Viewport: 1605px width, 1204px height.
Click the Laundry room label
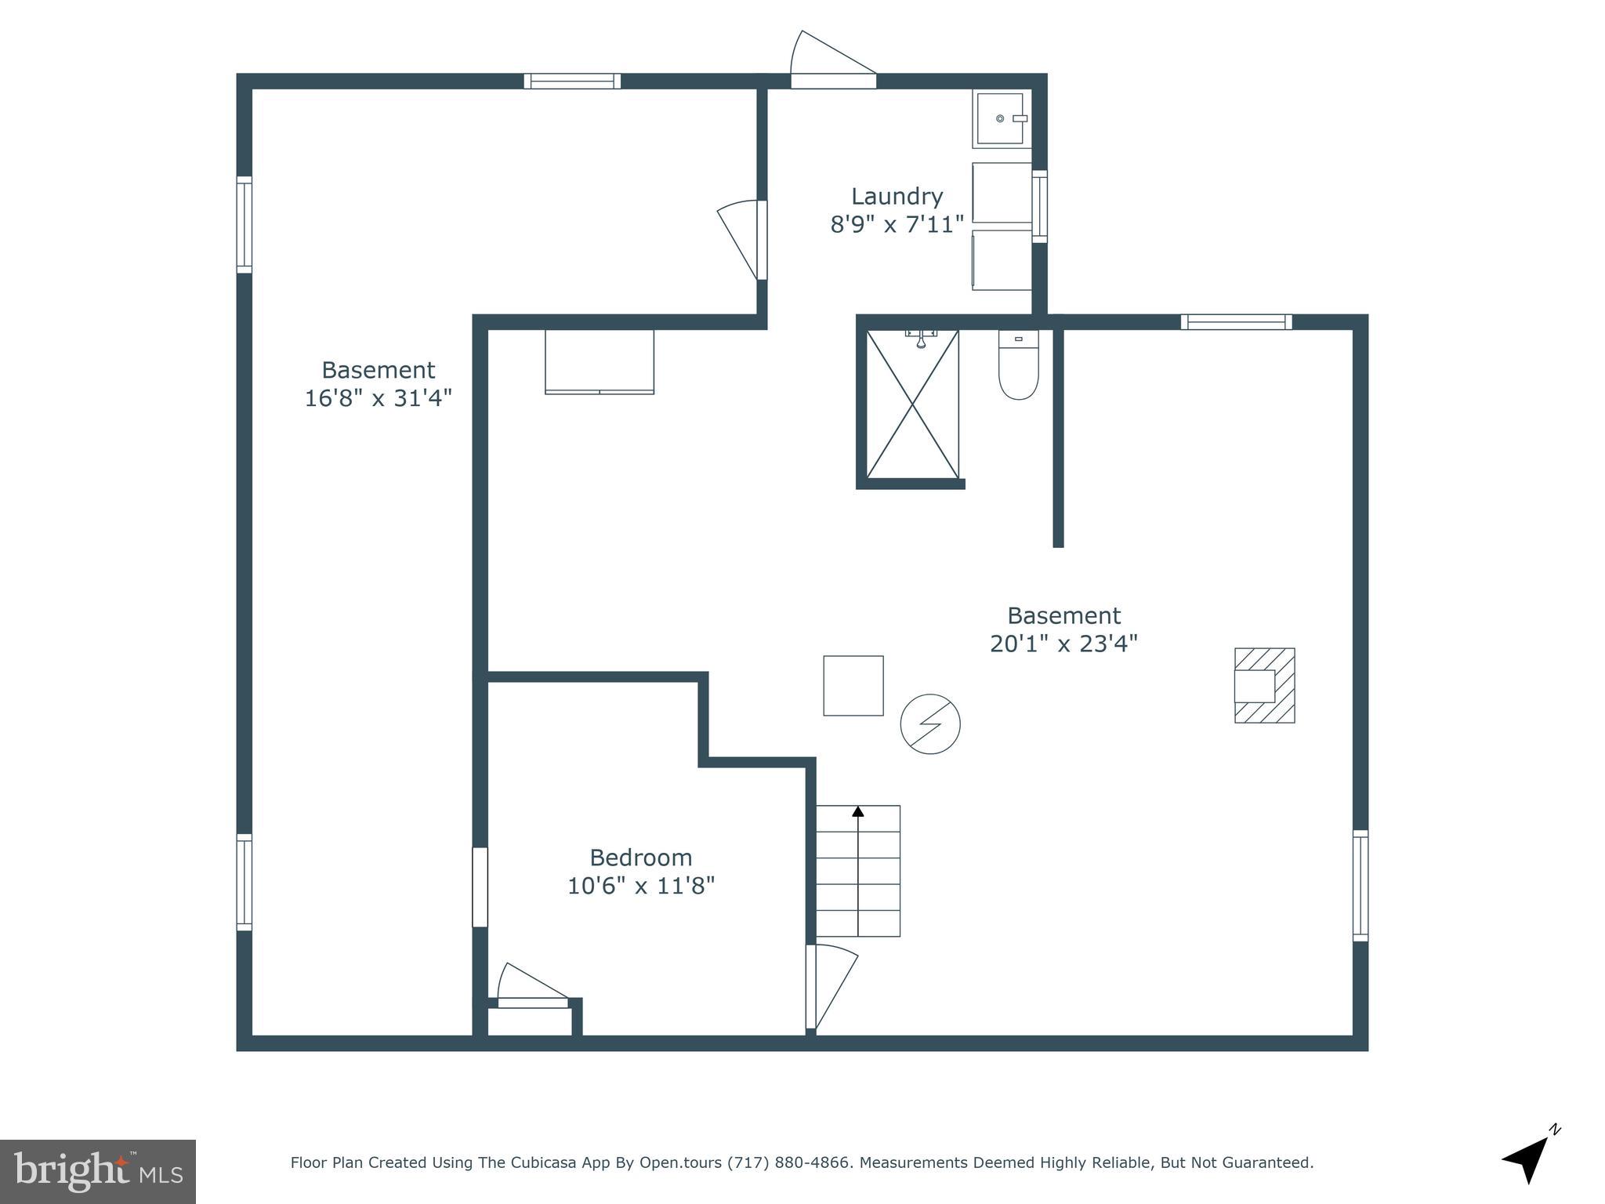click(897, 196)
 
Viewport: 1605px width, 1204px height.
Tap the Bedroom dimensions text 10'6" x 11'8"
click(640, 886)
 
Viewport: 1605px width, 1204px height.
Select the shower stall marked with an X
click(912, 404)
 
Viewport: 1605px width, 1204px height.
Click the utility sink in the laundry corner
click(1001, 118)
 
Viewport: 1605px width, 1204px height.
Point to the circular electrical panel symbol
click(930, 723)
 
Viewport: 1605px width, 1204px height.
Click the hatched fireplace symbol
click(1264, 685)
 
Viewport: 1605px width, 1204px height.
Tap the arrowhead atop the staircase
click(858, 812)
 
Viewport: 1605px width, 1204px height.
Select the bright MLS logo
click(98, 1171)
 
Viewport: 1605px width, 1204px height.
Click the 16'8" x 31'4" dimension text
click(378, 398)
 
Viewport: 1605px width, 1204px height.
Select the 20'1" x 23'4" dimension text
click(1063, 644)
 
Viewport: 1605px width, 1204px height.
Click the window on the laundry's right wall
click(1039, 206)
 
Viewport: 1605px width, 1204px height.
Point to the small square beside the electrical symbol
click(853, 685)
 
